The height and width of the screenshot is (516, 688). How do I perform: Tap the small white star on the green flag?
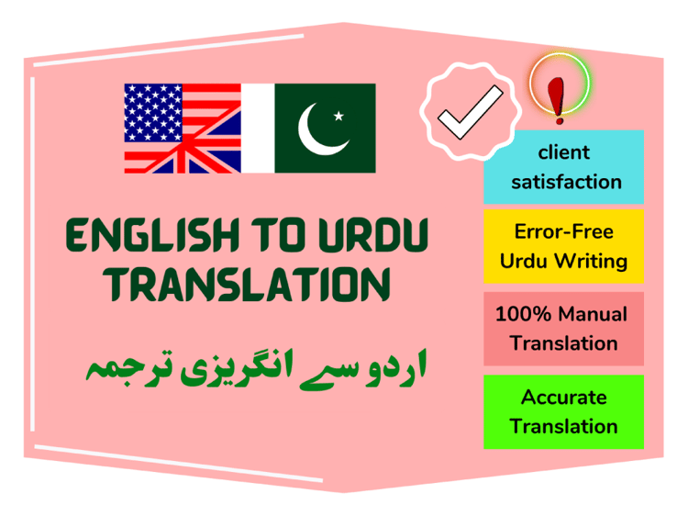[338, 116]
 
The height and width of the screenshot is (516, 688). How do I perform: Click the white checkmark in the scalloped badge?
[471, 112]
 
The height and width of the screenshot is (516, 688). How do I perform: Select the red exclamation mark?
[557, 100]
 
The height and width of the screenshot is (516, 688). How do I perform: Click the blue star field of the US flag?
[153, 113]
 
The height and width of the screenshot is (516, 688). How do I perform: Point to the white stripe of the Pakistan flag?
[258, 129]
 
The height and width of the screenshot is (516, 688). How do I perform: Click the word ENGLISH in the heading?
[152, 235]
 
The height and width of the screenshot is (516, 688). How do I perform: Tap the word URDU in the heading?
[373, 235]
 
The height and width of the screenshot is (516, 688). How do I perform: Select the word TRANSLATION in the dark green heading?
[247, 285]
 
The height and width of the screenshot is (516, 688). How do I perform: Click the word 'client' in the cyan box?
[564, 152]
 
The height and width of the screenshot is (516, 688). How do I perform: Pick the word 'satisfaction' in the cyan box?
[566, 182]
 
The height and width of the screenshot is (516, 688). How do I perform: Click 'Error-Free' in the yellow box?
[564, 231]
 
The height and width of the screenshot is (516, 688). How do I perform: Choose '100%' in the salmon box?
[523, 314]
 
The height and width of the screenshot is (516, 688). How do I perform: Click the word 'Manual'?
[593, 314]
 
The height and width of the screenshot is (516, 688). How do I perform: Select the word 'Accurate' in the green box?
[564, 398]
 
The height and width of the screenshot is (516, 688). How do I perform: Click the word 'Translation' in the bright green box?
[564, 426]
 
